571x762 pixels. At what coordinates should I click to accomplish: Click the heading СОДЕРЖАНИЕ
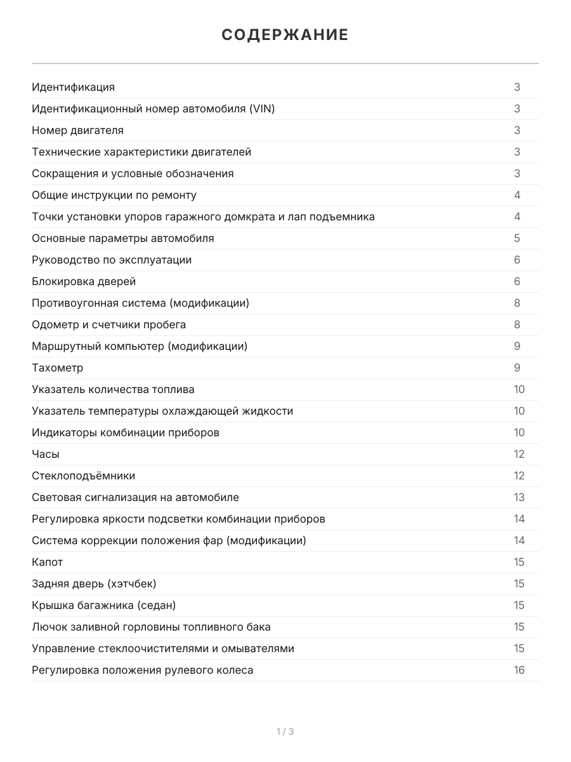[x=285, y=35]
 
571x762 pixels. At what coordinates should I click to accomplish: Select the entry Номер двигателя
[x=77, y=130]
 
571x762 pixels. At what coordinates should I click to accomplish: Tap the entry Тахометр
[x=57, y=368]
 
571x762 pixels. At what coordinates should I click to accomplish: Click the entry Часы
[x=46, y=454]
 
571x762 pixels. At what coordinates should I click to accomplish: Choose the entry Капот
[x=48, y=562]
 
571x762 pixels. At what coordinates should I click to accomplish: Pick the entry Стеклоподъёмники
[x=83, y=476]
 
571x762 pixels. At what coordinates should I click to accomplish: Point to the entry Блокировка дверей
[x=84, y=281]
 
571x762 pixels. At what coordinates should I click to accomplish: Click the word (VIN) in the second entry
[x=262, y=109]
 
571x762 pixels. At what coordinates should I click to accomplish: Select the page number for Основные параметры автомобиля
[x=517, y=238]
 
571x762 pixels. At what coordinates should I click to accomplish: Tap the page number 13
[x=519, y=497]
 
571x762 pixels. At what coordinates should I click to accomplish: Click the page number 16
[x=519, y=670]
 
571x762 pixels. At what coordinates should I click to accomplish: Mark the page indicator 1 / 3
[x=285, y=732]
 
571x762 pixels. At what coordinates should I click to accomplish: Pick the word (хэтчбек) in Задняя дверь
[x=132, y=584]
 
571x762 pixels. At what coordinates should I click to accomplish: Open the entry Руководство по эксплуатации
[x=112, y=260]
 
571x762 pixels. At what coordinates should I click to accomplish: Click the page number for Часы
[x=519, y=454]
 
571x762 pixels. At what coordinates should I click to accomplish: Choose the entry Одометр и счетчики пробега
[x=108, y=324]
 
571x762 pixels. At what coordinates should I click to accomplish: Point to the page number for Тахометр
[x=517, y=368]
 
